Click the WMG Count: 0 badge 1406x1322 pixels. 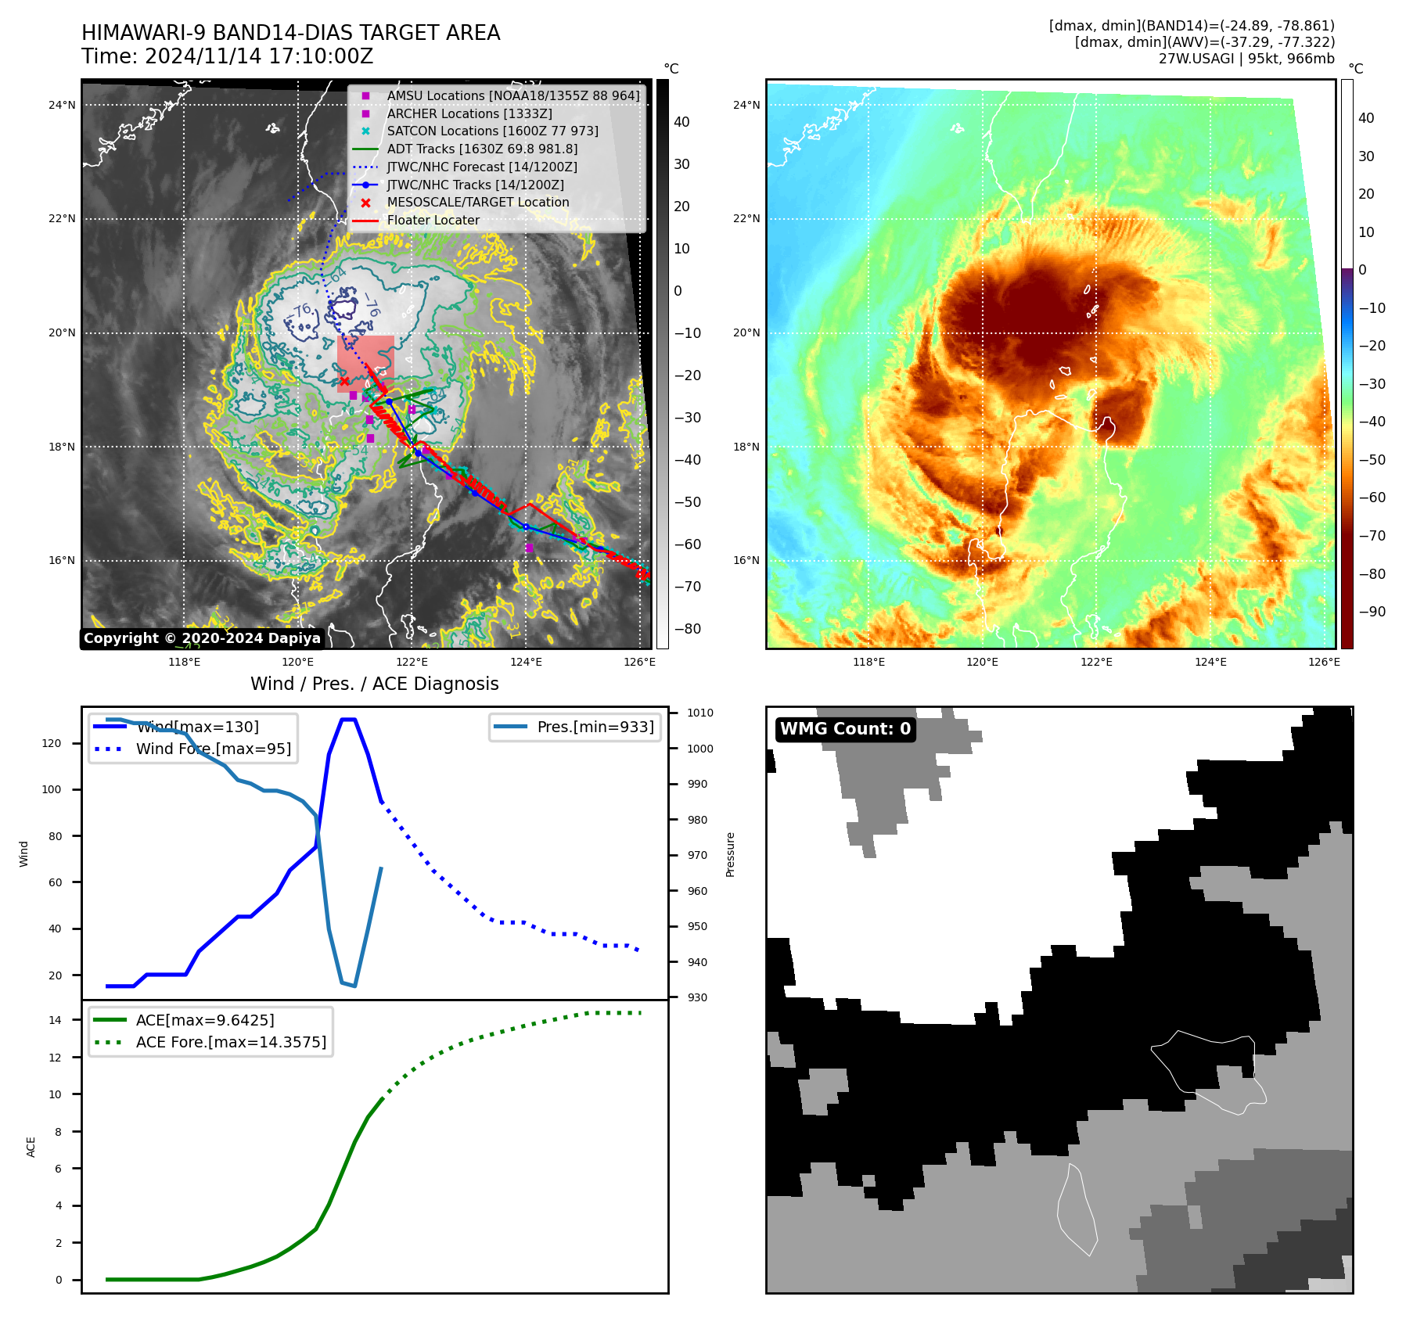845,729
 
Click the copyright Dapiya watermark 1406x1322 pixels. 202,638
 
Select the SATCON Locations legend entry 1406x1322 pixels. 492,131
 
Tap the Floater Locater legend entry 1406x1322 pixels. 433,221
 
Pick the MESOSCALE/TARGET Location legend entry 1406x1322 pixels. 477,203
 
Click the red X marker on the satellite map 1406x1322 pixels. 344,381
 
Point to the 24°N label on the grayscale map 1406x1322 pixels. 62,105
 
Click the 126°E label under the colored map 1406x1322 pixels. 1324,662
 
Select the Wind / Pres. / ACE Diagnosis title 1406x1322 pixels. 374,684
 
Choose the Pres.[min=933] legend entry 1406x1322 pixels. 595,727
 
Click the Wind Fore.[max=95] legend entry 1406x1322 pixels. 213,749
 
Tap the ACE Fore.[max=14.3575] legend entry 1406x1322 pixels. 231,1042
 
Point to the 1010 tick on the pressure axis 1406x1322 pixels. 700,713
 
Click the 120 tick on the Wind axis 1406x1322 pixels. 52,743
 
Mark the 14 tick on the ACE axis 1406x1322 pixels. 56,1019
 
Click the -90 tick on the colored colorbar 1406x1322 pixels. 1372,612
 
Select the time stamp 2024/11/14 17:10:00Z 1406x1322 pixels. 259,56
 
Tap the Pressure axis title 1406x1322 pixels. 730,854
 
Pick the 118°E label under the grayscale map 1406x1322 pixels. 184,662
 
